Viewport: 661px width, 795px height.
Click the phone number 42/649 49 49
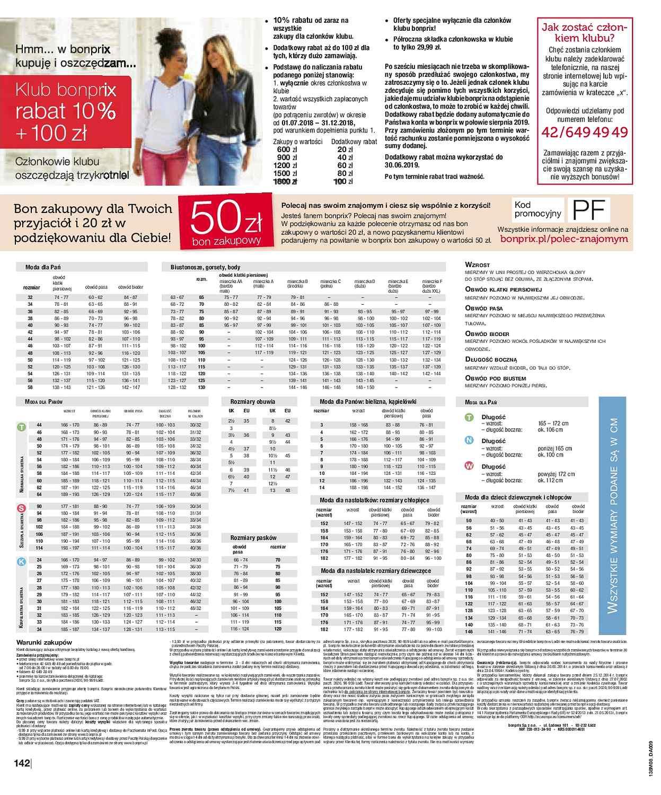tap(583, 131)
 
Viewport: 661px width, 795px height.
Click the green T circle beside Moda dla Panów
tap(21, 427)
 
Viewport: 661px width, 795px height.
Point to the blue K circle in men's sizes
tap(21, 562)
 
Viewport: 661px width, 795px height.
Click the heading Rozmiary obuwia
tap(252, 402)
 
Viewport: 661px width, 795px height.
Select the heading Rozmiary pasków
tap(253, 538)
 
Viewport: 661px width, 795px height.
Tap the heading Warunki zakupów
tap(39, 642)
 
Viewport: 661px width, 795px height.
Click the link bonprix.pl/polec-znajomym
tap(563, 239)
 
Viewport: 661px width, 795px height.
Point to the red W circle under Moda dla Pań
tap(469, 466)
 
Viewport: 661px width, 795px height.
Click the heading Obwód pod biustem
tap(495, 378)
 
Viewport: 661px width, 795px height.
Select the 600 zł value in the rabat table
tap(285, 149)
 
